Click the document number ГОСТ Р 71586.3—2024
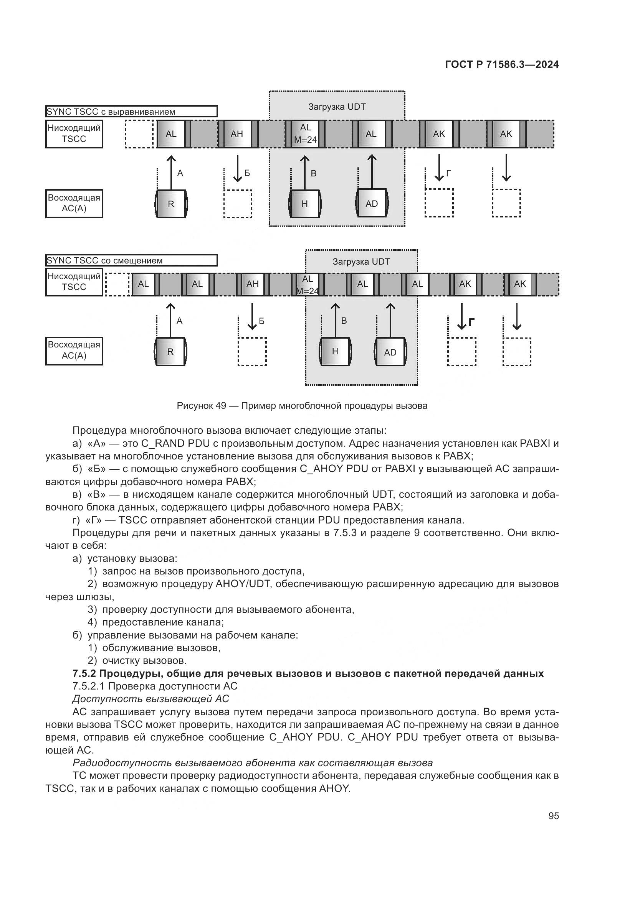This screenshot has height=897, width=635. click(502, 64)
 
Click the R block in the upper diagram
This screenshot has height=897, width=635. click(171, 204)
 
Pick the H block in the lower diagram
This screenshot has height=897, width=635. click(335, 352)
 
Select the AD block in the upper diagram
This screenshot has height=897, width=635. click(372, 204)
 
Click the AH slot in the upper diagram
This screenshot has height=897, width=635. click(237, 134)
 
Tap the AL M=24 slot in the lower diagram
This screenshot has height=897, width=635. click(308, 285)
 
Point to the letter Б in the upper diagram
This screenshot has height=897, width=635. click(247, 173)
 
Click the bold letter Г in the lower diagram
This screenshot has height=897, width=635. click(471, 322)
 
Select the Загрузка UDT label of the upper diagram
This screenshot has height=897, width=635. click(337, 107)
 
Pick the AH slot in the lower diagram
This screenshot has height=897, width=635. click(253, 284)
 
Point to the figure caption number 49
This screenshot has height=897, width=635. click(220, 406)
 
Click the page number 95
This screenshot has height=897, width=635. click(553, 816)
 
